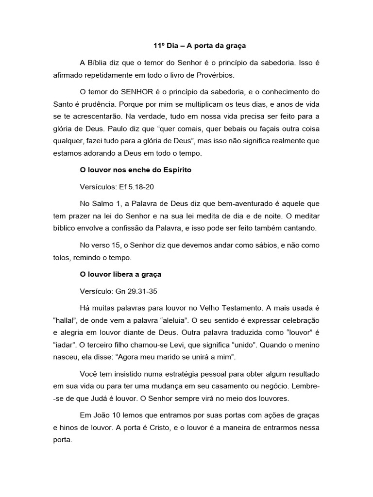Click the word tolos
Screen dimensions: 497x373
[x=62, y=257]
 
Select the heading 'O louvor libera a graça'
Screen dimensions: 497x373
[x=120, y=274]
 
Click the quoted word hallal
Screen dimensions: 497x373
[x=67, y=320]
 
